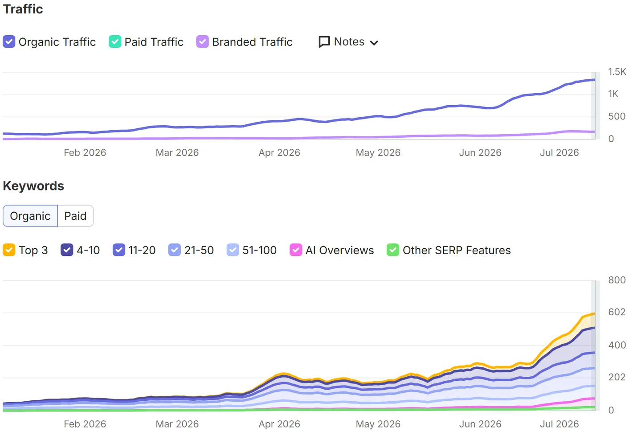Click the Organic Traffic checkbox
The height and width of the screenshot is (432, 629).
point(9,41)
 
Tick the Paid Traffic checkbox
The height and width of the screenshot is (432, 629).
point(115,41)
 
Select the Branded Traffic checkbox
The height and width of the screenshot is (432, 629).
point(202,41)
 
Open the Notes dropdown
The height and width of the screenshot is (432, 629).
point(348,42)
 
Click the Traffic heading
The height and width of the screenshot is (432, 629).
point(23,9)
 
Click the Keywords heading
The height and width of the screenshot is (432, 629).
point(33,186)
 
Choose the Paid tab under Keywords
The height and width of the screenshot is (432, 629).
point(75,216)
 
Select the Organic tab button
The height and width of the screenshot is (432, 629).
point(30,216)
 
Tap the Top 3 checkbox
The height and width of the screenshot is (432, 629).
point(9,250)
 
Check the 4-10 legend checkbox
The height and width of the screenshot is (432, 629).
point(67,250)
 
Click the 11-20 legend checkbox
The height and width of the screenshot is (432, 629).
point(119,250)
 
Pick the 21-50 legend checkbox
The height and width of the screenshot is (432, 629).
point(174,250)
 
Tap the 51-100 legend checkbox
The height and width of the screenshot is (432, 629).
point(233,250)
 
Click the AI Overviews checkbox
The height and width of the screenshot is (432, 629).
point(296,250)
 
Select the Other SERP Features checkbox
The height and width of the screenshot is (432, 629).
point(393,250)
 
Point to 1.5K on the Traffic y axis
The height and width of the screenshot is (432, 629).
point(617,72)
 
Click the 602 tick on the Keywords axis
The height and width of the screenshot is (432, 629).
point(617,312)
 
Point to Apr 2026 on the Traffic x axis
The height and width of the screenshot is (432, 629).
point(279,152)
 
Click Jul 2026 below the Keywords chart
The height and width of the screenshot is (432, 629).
point(560,424)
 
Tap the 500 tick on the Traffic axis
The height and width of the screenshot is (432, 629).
point(617,116)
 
